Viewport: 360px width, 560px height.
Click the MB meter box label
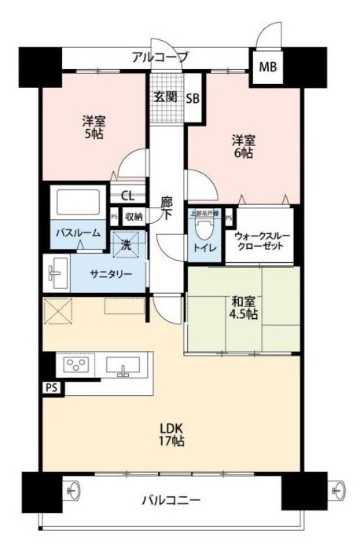point(268,66)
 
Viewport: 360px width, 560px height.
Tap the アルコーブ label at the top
point(160,57)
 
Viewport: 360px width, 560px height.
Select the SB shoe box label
point(193,98)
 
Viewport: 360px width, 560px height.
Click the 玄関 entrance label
point(165,97)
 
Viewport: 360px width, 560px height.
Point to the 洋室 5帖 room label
point(94,126)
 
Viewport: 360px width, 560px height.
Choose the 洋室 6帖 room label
point(242,147)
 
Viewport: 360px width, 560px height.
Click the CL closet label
point(127,197)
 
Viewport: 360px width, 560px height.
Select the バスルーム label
point(75,233)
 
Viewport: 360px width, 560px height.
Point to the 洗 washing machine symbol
point(126,244)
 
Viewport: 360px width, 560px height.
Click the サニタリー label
point(105,275)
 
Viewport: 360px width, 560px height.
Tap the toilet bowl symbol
point(203,229)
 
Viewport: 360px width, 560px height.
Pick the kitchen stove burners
point(76,365)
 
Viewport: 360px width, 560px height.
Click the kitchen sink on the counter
point(123,366)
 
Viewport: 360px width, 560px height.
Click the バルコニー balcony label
point(171,500)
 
